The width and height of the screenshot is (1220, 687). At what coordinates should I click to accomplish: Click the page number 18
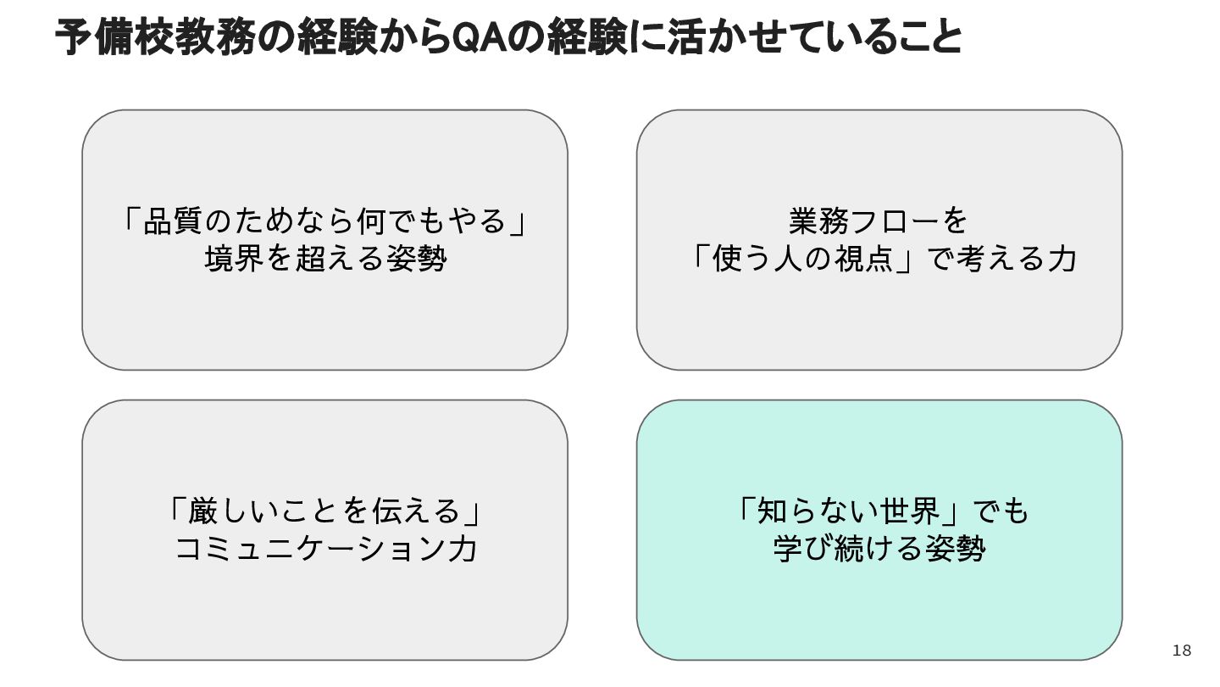pos(1181,651)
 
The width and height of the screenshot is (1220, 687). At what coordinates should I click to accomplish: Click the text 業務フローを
pos(879,222)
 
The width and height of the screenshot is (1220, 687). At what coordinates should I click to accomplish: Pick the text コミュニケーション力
pos(325,549)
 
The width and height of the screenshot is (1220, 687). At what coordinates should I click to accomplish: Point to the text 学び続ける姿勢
pos(879,549)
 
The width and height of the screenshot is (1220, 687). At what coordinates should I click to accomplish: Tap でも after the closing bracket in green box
pos(1000,511)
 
